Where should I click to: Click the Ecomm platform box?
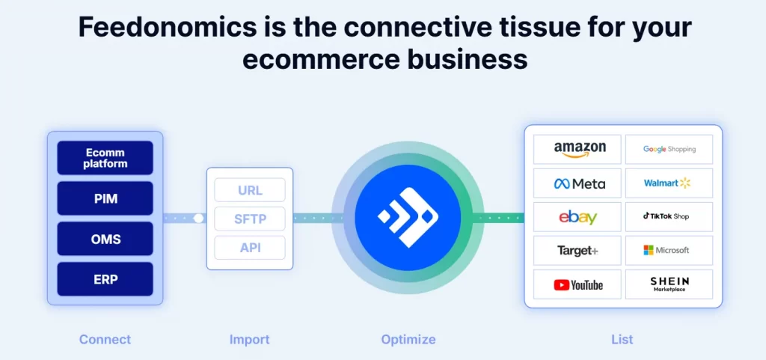(x=105, y=158)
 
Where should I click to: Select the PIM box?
(x=105, y=198)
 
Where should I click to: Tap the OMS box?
(x=105, y=239)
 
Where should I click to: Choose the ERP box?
(x=105, y=279)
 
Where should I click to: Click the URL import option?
(x=250, y=190)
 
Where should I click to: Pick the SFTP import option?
(x=250, y=219)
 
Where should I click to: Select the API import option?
(x=250, y=248)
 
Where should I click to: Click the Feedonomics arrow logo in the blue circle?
(x=408, y=217)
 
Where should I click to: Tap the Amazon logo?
(x=580, y=150)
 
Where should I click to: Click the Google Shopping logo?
(x=670, y=150)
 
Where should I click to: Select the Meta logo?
(x=580, y=183)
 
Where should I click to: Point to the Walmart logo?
(x=667, y=183)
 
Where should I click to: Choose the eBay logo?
(x=578, y=217)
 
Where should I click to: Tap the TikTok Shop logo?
(x=667, y=216)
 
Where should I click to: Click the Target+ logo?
(x=578, y=251)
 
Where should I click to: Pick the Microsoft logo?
(x=667, y=250)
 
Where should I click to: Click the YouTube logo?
(x=578, y=284)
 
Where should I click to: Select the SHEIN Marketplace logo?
(x=670, y=284)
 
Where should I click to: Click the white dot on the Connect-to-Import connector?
(x=198, y=219)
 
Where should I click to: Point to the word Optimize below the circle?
(x=408, y=339)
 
